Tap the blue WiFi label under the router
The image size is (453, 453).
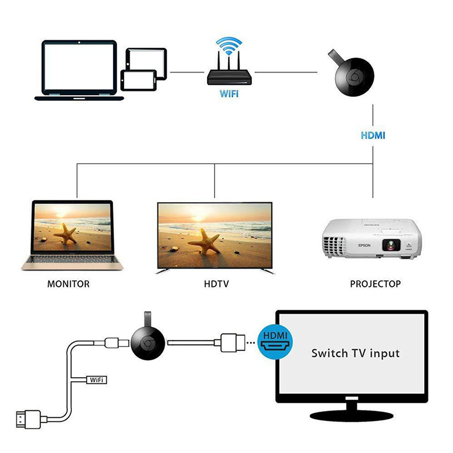tap(229, 94)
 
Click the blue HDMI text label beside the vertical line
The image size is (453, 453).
tap(373, 136)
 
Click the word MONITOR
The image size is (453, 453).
tap(69, 284)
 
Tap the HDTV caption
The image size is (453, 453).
tap(216, 284)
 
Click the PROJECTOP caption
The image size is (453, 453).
tap(374, 284)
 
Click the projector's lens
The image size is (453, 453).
tap(392, 245)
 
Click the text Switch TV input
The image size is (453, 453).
tap(355, 353)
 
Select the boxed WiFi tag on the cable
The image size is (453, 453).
tap(96, 380)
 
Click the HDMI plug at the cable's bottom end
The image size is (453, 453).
tap(25, 421)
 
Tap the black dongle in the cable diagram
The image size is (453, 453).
tap(148, 343)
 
